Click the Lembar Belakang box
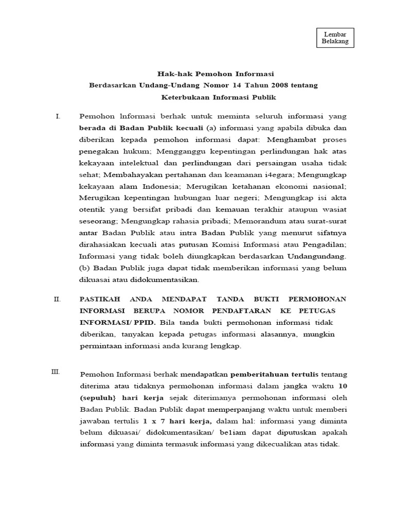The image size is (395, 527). pos(335,38)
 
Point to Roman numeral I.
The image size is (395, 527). pos(58,117)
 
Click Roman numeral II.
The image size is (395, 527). pos(58,299)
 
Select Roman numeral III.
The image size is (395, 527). pos(56,372)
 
